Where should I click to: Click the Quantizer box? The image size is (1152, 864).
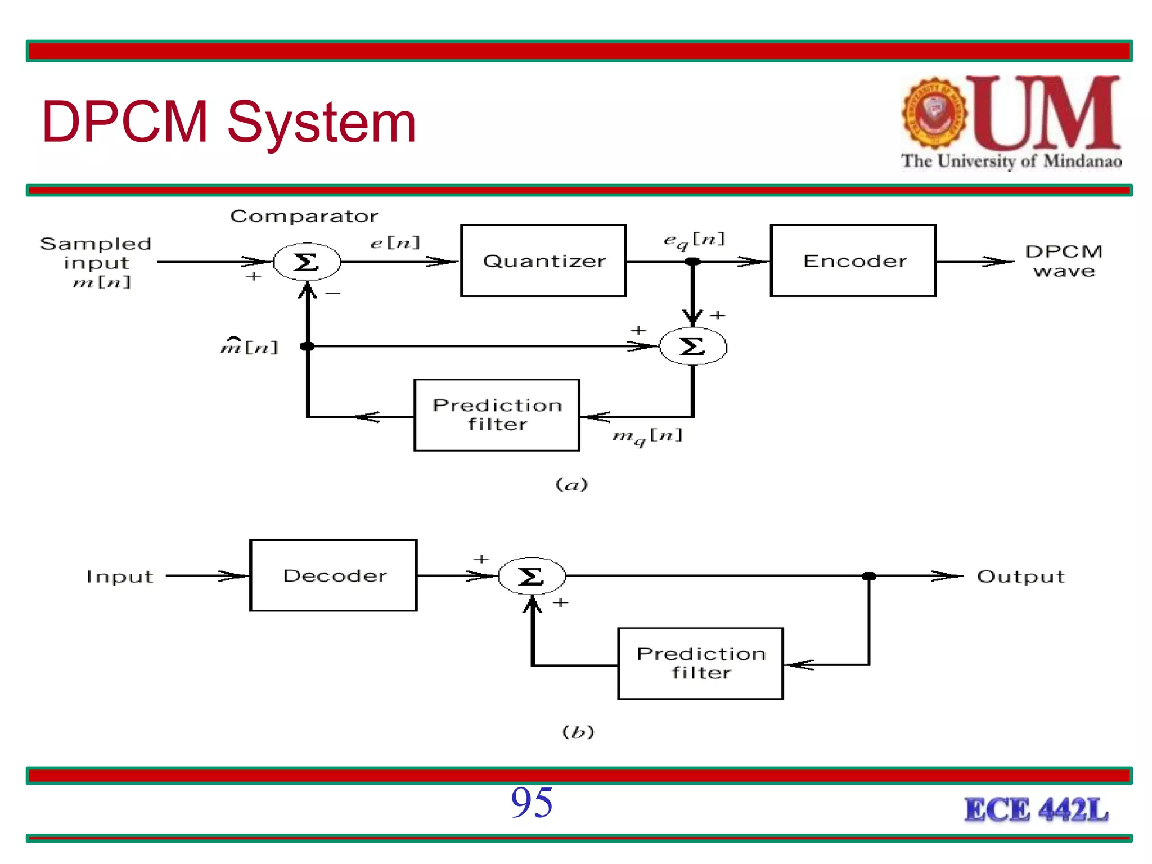(x=543, y=260)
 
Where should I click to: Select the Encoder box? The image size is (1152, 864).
(x=853, y=260)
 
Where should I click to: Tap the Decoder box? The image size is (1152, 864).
(x=334, y=575)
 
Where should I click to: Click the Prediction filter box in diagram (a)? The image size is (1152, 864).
(x=497, y=415)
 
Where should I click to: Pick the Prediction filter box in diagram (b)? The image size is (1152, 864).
(x=700, y=663)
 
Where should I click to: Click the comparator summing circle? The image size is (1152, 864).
(x=307, y=262)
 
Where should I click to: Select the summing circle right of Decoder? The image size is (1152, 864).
(x=532, y=576)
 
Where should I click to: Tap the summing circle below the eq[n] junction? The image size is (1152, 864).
(x=693, y=346)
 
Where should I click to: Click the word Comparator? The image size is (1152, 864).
(x=304, y=216)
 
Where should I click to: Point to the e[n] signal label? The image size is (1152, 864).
(x=395, y=242)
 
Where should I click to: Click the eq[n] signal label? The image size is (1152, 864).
(x=694, y=240)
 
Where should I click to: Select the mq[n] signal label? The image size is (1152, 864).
(x=647, y=436)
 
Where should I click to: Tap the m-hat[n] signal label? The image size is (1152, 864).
(x=249, y=346)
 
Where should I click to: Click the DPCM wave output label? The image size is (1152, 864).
(x=1064, y=260)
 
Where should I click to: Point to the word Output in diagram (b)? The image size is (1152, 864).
(x=1020, y=577)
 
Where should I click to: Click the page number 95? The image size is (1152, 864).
(x=532, y=802)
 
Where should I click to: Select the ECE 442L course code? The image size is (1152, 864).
(x=1036, y=810)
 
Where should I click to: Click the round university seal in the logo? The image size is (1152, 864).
(x=935, y=113)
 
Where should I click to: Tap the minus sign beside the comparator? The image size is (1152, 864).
(x=333, y=293)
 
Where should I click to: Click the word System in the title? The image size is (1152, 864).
(x=321, y=122)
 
